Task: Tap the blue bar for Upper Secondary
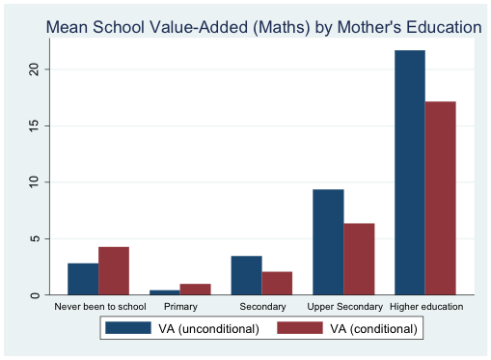[328, 241]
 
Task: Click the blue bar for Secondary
[246, 275]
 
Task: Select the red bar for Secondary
[277, 283]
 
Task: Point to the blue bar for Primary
[165, 291]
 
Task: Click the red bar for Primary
[196, 290]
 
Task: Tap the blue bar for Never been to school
[83, 278]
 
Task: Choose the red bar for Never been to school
[114, 270]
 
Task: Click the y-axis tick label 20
[34, 69]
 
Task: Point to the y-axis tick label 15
[34, 125]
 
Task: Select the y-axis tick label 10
[34, 181]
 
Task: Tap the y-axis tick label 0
[34, 294]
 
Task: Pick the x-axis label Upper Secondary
[343, 307]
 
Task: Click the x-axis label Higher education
[425, 307]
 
